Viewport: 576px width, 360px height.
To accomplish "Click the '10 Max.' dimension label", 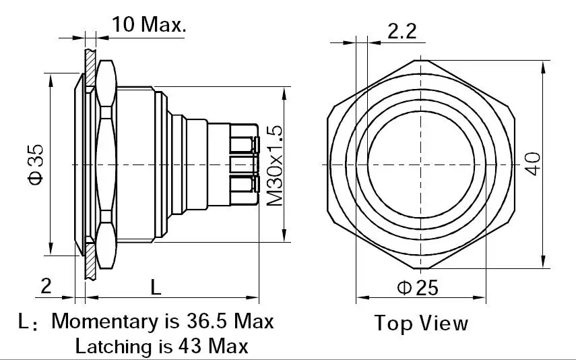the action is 149,25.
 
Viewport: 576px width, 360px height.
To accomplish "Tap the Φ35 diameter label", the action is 36,164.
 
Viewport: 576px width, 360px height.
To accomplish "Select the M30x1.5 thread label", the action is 274,166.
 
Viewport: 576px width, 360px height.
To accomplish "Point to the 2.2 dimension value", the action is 402,31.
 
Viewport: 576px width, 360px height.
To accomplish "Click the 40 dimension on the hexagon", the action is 533,164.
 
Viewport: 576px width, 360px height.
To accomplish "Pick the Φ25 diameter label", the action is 418,287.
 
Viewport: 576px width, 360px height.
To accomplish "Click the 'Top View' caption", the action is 421,323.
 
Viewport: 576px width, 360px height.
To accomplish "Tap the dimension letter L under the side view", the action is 156,287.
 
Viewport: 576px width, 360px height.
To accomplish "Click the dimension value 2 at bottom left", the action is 46,286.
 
